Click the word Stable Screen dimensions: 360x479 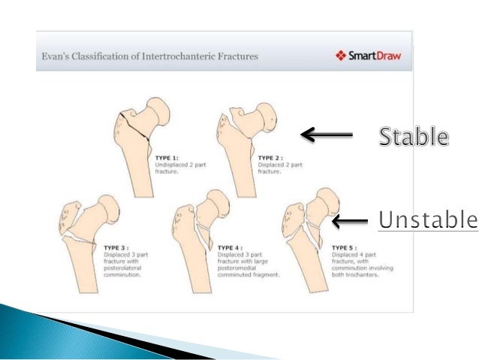(414, 137)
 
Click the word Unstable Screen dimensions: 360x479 (427, 221)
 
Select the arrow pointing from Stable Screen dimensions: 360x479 (327, 135)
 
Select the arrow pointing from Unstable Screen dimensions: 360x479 (351, 222)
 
